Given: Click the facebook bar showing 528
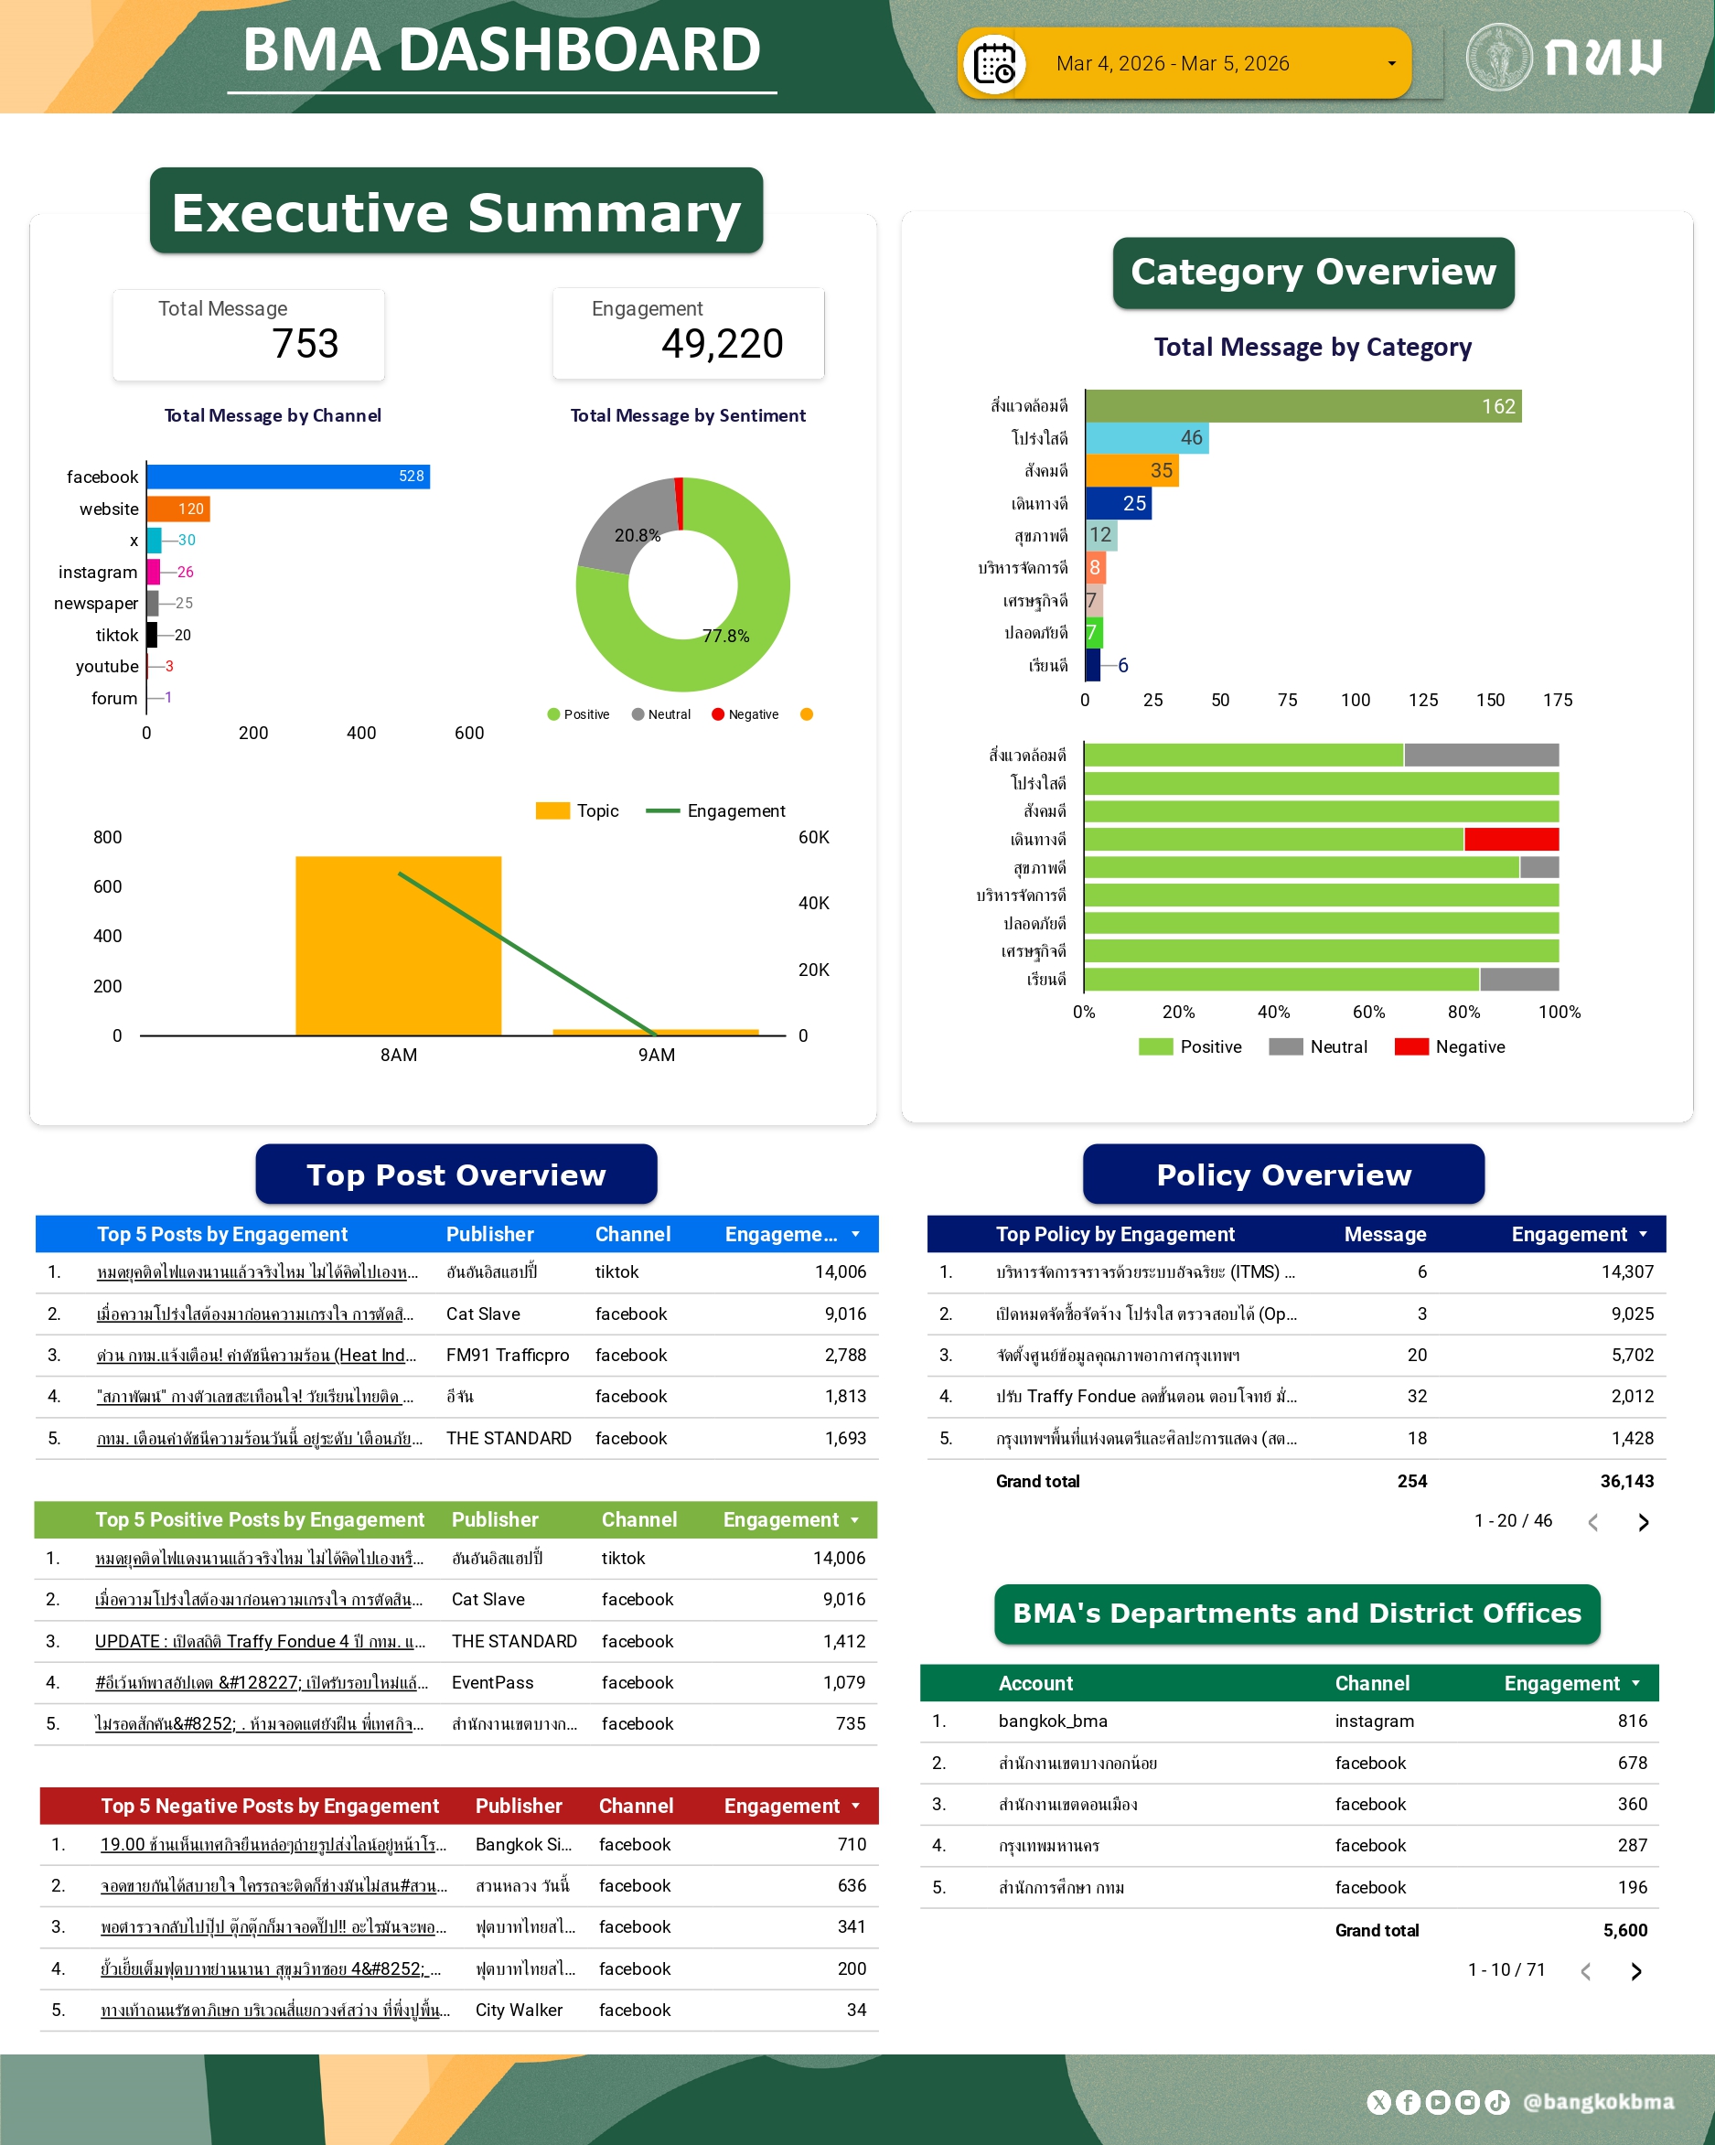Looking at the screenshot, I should pyautogui.click(x=287, y=477).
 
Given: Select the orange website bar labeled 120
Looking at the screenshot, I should pyautogui.click(x=178, y=509).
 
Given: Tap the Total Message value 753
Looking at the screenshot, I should pyautogui.click(x=305, y=344).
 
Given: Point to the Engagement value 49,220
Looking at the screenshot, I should pyautogui.click(x=723, y=344).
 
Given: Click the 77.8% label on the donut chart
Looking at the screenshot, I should pyautogui.click(x=725, y=636).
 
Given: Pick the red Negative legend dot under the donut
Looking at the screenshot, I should pyautogui.click(x=717, y=714).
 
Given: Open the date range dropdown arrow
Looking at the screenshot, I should pyautogui.click(x=1390, y=65).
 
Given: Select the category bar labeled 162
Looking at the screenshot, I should pyautogui.click(x=1302, y=406).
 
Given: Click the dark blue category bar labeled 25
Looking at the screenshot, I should pyautogui.click(x=1117, y=503).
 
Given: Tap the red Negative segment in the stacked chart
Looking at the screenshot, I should pyautogui.click(x=1510, y=840).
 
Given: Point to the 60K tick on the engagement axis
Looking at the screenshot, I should pyautogui.click(x=814, y=838).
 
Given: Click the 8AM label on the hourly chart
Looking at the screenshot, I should pyautogui.click(x=398, y=1055).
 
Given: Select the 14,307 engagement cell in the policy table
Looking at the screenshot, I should pyautogui.click(x=1626, y=1271).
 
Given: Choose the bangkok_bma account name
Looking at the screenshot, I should pyautogui.click(x=1053, y=1721).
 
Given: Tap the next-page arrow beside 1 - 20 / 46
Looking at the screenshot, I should pyautogui.click(x=1643, y=1522).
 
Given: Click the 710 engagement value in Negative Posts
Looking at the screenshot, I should pyautogui.click(x=852, y=1845).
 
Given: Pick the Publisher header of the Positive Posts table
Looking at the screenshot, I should pyautogui.click(x=495, y=1520).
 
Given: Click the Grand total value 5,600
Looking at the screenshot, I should pyautogui.click(x=1624, y=1930).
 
